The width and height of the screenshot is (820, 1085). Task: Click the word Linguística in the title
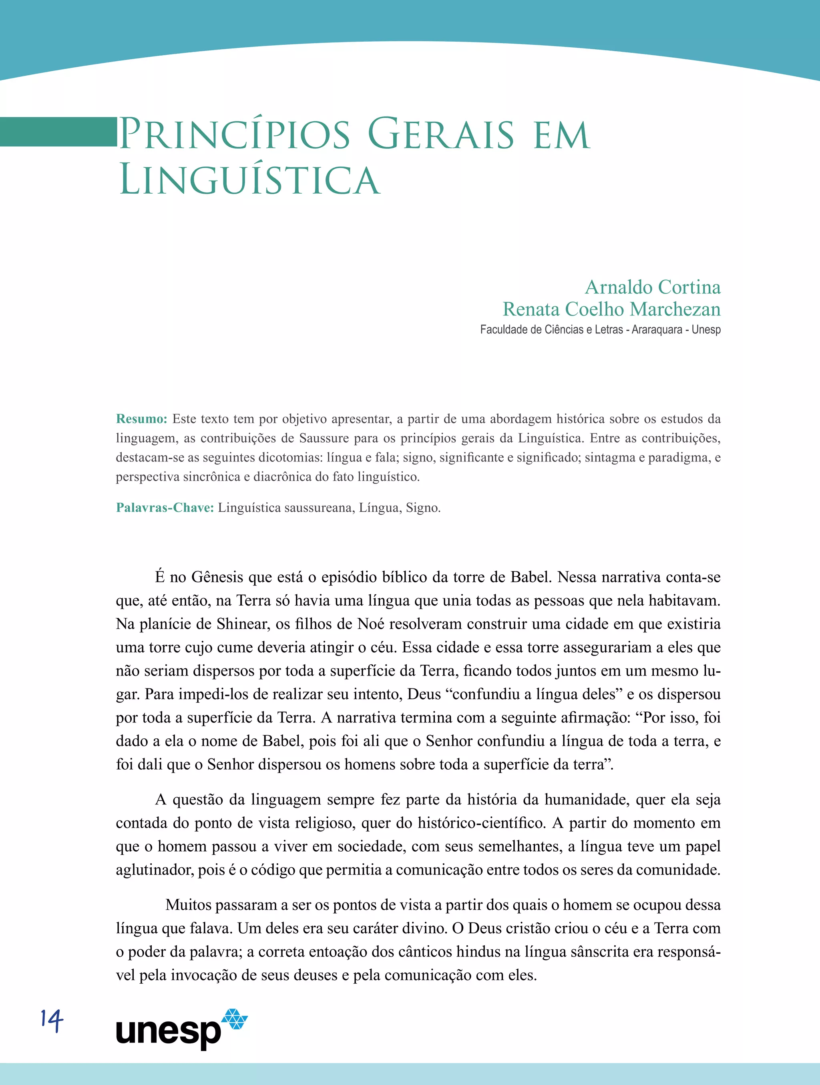point(249,180)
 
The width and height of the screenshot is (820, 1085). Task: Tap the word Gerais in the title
point(441,134)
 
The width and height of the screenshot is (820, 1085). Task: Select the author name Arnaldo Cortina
point(653,287)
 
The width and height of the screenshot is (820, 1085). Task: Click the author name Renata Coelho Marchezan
point(611,309)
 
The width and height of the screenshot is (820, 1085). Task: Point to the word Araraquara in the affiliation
point(657,330)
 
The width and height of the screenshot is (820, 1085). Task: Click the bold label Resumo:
point(141,419)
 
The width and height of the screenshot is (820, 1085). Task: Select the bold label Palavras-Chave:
point(165,507)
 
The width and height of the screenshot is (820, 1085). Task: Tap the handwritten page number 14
point(52,1021)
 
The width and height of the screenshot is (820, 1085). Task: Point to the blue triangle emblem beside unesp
point(235,1019)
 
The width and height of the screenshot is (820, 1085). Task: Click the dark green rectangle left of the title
point(58,131)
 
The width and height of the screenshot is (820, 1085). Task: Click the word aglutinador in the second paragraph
point(154,870)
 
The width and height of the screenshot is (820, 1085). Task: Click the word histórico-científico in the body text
point(481,823)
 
